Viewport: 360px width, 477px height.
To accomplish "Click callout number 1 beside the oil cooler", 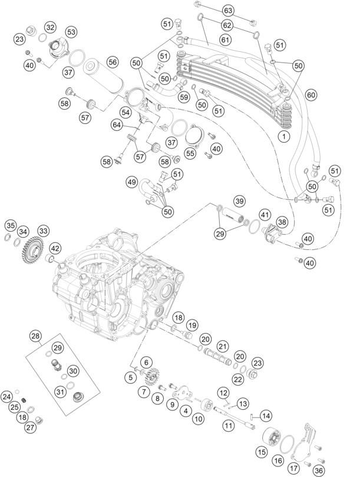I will (x=284, y=137).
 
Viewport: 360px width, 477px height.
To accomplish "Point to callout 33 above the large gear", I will (x=44, y=231).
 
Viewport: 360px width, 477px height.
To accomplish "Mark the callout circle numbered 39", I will (x=239, y=202).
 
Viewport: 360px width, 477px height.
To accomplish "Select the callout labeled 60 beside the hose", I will (x=311, y=94).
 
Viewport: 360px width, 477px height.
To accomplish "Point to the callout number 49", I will (x=132, y=182).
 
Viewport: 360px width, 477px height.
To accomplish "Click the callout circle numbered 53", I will (x=71, y=31).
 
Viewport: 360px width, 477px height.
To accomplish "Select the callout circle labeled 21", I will (x=222, y=346).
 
